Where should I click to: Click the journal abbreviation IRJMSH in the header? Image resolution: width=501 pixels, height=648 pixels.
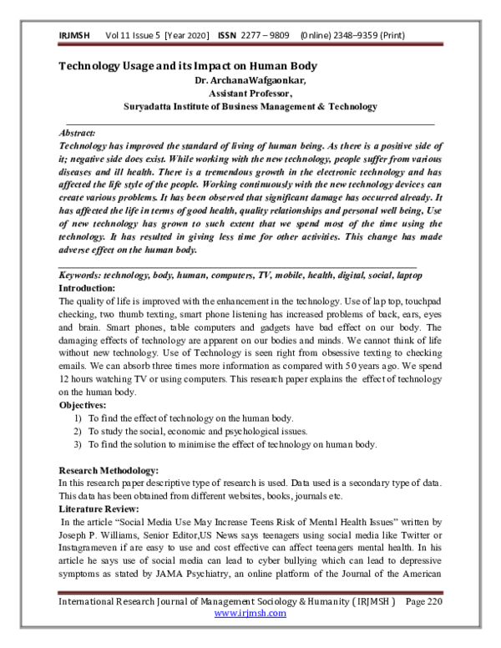point(73,36)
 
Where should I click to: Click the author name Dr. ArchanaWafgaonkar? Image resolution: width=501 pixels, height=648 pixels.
point(250,80)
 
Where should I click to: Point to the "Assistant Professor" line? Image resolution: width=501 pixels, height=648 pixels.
point(250,94)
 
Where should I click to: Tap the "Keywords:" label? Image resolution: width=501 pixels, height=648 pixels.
point(83,276)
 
